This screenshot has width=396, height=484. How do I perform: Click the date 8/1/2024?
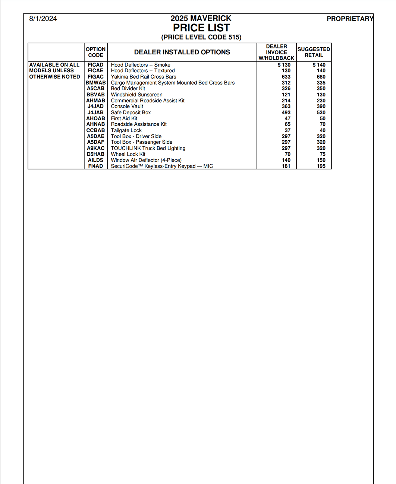pyautogui.click(x=43, y=19)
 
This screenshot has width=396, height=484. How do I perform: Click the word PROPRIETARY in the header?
pyautogui.click(x=350, y=19)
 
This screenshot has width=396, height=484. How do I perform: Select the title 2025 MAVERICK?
pyautogui.click(x=201, y=18)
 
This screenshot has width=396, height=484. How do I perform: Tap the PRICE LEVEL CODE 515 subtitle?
pyautogui.click(x=201, y=37)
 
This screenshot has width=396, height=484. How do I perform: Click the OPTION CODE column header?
pyautogui.click(x=96, y=52)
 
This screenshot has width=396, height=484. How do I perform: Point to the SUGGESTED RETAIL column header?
pyautogui.click(x=314, y=52)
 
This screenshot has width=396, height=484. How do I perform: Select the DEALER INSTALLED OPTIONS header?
pyautogui.click(x=182, y=52)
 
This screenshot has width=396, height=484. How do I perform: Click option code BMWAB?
pyautogui.click(x=96, y=83)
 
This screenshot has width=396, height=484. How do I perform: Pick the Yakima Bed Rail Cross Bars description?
pyautogui.click(x=144, y=77)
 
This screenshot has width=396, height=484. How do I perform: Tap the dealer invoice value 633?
pyautogui.click(x=286, y=77)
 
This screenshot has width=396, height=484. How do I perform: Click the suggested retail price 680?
pyautogui.click(x=321, y=77)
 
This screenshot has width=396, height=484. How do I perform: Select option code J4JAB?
pyautogui.click(x=96, y=112)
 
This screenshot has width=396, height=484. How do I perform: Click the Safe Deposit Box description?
pyautogui.click(x=131, y=112)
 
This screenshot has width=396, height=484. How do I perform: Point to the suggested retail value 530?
pyautogui.click(x=321, y=112)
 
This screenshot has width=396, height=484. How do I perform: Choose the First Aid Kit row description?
pyautogui.click(x=124, y=118)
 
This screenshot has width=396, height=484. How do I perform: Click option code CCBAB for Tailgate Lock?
pyautogui.click(x=96, y=130)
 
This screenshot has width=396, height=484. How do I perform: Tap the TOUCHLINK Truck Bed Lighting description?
pyautogui.click(x=148, y=148)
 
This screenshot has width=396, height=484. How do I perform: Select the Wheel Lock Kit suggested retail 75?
pyautogui.click(x=323, y=154)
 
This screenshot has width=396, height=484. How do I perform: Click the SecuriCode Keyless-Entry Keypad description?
pyautogui.click(x=162, y=166)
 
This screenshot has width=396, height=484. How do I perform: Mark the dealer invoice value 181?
pyautogui.click(x=286, y=166)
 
